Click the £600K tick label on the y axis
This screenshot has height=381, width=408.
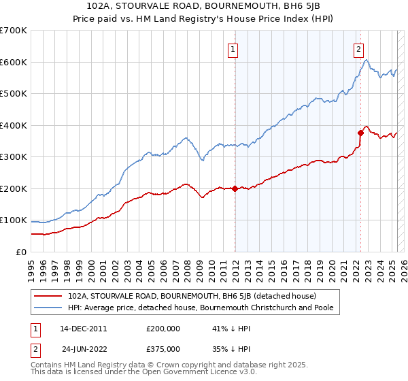[13, 62]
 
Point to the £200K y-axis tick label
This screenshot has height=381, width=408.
[13, 188]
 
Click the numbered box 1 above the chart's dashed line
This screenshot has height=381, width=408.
[233, 49]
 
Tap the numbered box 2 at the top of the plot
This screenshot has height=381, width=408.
[358, 49]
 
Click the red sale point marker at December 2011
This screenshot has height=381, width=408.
[235, 188]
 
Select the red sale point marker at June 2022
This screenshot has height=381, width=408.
[361, 133]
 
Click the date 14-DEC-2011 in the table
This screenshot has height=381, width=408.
[83, 328]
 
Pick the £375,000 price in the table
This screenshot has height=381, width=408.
[163, 348]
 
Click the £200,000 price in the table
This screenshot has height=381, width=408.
[163, 328]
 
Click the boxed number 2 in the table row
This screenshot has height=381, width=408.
[33, 348]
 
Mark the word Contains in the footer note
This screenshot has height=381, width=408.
[49, 365]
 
